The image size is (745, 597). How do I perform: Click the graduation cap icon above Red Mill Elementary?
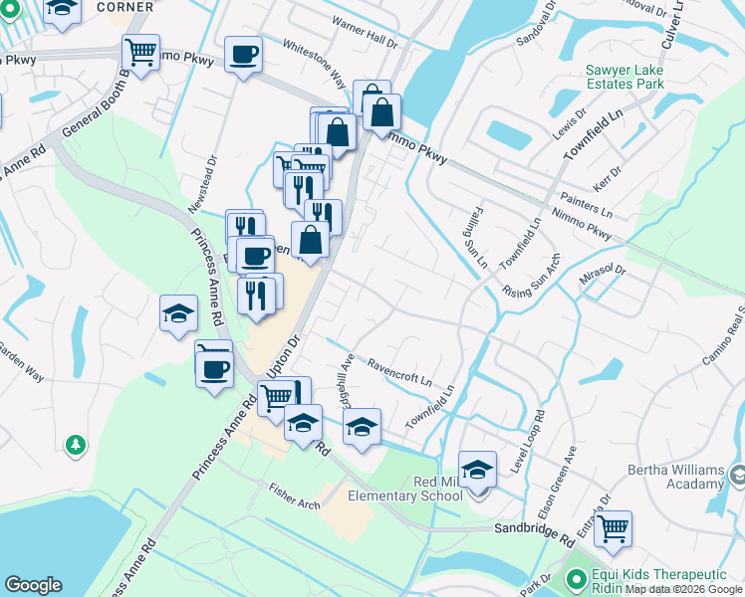(x=477, y=469)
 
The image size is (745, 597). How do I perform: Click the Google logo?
(x=33, y=584)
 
